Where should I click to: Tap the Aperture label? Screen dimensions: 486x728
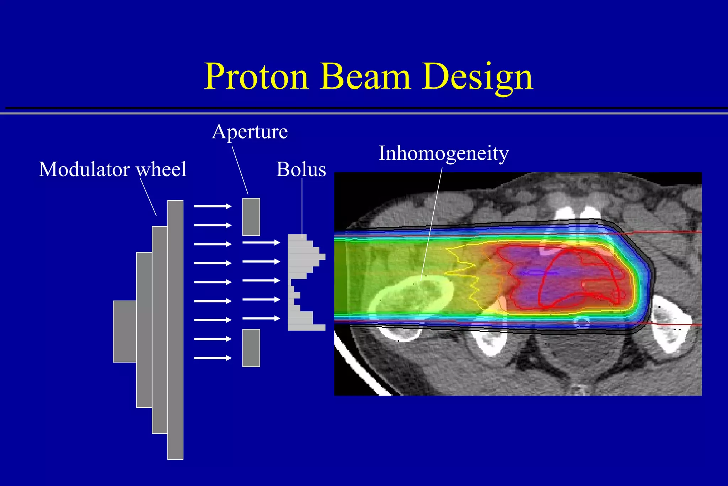[x=250, y=132]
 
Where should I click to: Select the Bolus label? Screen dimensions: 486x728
[x=301, y=169]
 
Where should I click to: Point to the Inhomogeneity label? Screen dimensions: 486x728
[x=444, y=153]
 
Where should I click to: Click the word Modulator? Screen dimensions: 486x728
[x=84, y=169]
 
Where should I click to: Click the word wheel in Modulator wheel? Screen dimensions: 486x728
[x=162, y=169]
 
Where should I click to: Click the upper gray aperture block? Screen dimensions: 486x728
[x=251, y=217]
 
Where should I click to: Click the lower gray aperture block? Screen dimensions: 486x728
[x=251, y=348]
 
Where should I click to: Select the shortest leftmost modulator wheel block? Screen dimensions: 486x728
[x=124, y=331]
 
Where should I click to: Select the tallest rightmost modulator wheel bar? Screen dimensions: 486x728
[x=175, y=329]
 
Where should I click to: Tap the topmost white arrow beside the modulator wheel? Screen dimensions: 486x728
[x=213, y=206]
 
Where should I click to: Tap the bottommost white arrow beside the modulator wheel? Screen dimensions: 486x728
[x=213, y=358]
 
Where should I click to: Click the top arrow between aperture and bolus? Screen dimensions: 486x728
[x=261, y=243]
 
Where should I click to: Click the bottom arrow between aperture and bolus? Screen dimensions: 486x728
[x=261, y=318]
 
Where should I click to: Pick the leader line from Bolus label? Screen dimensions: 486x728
[x=302, y=206]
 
